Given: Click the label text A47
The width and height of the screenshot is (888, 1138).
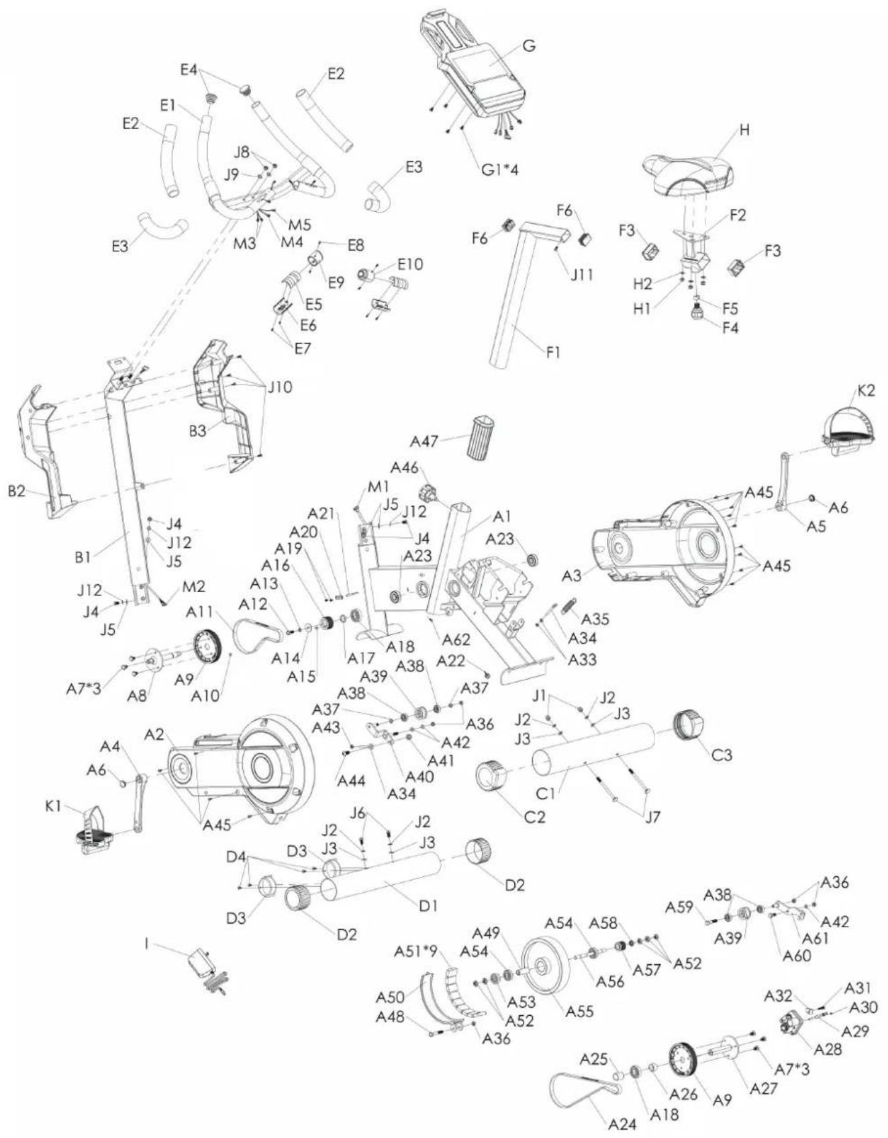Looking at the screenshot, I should click(x=425, y=441).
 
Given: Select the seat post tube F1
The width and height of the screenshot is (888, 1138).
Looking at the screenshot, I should click(x=514, y=302).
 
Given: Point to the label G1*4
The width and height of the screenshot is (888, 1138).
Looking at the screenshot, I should click(x=500, y=169).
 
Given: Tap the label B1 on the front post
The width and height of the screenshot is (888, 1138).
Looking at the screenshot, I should click(x=83, y=557).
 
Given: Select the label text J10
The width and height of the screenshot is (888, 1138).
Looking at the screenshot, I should click(x=280, y=387).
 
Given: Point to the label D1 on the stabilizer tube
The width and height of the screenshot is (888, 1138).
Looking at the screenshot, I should click(x=428, y=906).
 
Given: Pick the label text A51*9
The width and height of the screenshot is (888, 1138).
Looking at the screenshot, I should click(x=415, y=951).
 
